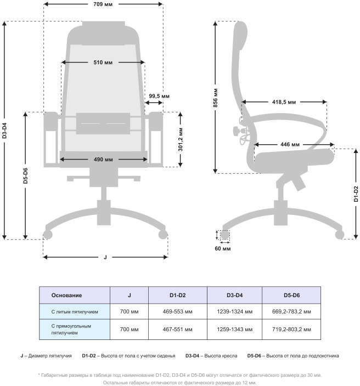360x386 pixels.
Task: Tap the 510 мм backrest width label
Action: point(103,63)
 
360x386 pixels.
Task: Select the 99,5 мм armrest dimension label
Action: point(159,96)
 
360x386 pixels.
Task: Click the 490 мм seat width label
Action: point(103,160)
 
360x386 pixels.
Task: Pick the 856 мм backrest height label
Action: point(216,97)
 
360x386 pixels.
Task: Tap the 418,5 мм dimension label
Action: point(284,102)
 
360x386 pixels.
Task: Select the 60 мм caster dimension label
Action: point(223,248)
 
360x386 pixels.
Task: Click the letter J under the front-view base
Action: point(105,257)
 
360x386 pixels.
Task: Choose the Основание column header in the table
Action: point(66,296)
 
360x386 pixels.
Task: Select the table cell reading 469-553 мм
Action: point(178,311)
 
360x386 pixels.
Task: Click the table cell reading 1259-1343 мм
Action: point(234,330)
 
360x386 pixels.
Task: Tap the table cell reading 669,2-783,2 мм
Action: point(291,311)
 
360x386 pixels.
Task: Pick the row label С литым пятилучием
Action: point(75,311)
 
